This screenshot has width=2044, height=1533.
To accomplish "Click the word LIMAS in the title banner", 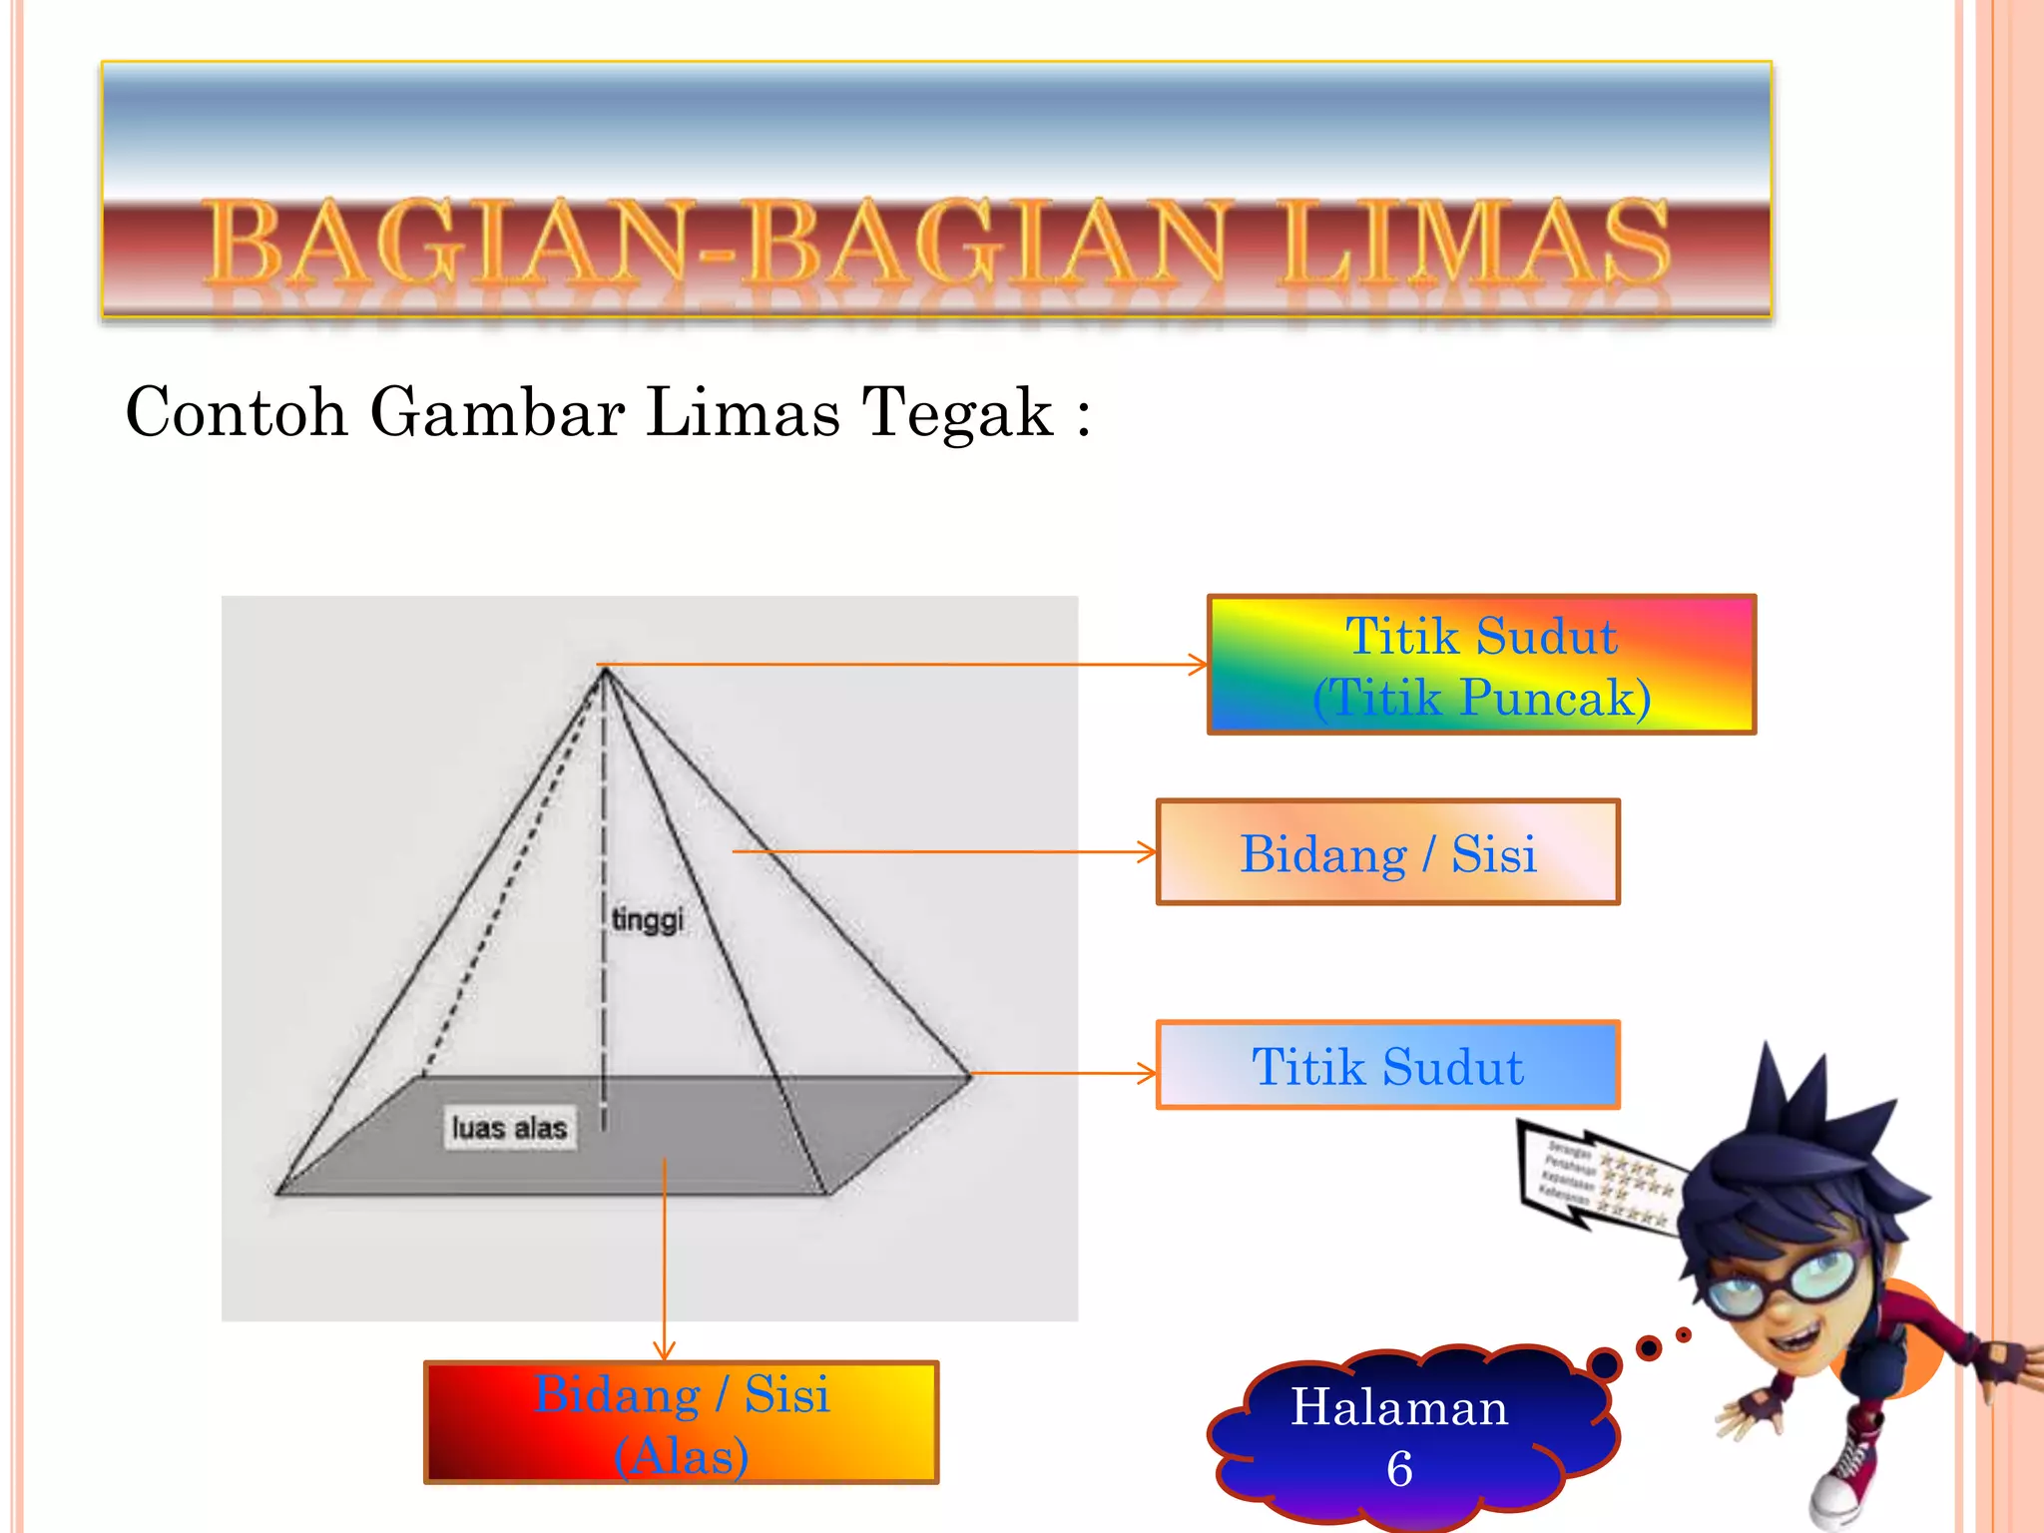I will point(1475,242).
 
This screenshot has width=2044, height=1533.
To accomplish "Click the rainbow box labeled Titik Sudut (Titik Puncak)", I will point(1481,666).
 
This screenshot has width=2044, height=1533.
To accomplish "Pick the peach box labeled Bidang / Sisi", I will point(1387,853).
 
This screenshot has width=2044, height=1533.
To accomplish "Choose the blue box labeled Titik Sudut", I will point(1387,1066).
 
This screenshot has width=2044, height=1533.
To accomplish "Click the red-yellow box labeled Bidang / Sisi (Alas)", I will point(682,1423).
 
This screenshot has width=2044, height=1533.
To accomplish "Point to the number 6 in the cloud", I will point(1400,1469).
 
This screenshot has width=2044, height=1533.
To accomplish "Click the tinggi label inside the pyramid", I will point(648,919).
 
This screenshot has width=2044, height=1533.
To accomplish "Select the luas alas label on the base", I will point(509,1128).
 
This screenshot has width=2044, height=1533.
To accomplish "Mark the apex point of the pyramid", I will point(604,669).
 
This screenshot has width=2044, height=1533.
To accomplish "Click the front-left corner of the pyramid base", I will point(278,1192).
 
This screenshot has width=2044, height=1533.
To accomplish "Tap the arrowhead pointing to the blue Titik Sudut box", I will point(1148,1074).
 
